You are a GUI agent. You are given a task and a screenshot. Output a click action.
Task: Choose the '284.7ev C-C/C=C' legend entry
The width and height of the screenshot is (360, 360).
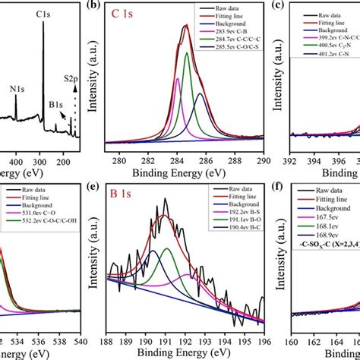(235, 48)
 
